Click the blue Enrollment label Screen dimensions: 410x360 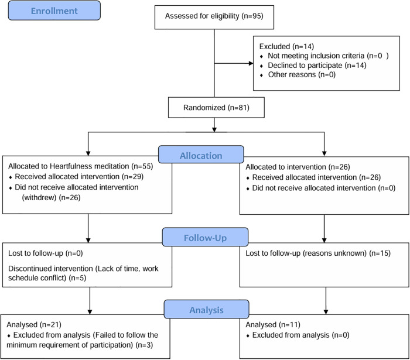[x=54, y=11]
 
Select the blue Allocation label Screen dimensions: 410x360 [x=201, y=156]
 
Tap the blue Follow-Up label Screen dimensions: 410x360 [x=205, y=238]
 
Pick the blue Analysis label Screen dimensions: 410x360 [x=206, y=310]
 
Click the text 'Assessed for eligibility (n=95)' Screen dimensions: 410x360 [x=214, y=16]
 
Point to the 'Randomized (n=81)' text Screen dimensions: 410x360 [x=216, y=108]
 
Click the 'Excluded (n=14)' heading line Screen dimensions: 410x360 [x=286, y=46]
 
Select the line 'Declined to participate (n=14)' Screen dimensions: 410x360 [x=317, y=66]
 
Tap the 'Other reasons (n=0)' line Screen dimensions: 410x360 [x=302, y=75]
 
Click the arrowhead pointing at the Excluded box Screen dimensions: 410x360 [x=251, y=63]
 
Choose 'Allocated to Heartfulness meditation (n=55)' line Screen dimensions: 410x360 [x=81, y=166]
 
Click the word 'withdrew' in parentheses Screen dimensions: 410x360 [x=39, y=197]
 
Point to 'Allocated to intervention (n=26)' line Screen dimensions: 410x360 [x=298, y=167]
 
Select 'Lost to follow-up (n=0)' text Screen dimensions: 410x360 [x=45, y=253]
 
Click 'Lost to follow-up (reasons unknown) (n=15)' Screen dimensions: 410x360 [x=318, y=253]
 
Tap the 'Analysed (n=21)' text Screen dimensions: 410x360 [x=34, y=325]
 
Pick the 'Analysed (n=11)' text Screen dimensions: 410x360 [x=273, y=325]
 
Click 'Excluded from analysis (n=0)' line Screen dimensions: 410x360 [x=300, y=335]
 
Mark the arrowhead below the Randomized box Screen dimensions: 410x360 [x=214, y=129]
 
